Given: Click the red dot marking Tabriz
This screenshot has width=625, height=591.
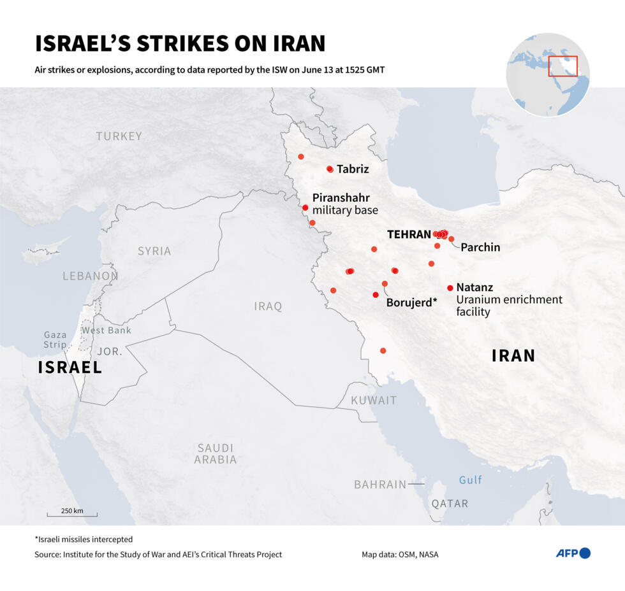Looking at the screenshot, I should [x=330, y=169].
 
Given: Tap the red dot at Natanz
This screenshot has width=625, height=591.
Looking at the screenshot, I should [x=450, y=288].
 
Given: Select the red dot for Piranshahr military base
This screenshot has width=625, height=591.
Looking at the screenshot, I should [x=305, y=208].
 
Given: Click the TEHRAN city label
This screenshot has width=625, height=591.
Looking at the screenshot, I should [x=409, y=234].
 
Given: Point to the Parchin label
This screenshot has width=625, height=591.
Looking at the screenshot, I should [x=480, y=247].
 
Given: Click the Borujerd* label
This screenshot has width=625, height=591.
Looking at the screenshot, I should [x=411, y=303].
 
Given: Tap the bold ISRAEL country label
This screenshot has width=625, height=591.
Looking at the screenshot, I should [x=70, y=367].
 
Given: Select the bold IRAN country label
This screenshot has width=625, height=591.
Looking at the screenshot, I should [x=513, y=355].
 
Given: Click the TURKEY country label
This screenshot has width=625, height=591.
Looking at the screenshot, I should [x=119, y=136].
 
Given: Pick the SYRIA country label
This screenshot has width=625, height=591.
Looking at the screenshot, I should [x=154, y=251].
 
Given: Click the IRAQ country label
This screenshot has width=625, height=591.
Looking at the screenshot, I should [x=268, y=306].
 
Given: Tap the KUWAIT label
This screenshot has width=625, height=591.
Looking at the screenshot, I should [x=374, y=401].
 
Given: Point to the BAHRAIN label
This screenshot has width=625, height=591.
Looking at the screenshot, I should [x=380, y=485].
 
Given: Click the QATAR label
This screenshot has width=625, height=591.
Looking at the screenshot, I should [x=450, y=504].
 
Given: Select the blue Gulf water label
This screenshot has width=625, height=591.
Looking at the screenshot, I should [x=471, y=480].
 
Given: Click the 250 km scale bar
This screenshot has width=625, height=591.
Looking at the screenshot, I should [x=72, y=514].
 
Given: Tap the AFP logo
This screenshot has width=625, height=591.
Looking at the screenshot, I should [x=573, y=553].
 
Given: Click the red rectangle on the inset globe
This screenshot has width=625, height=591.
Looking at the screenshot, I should [x=562, y=66].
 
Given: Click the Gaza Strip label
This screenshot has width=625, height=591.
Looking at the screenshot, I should [x=55, y=340].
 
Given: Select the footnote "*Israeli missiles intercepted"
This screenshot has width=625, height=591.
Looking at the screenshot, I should [x=84, y=539].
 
